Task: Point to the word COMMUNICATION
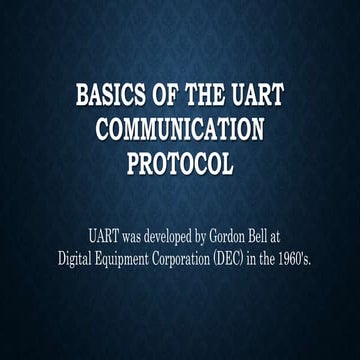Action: (x=180, y=130)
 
